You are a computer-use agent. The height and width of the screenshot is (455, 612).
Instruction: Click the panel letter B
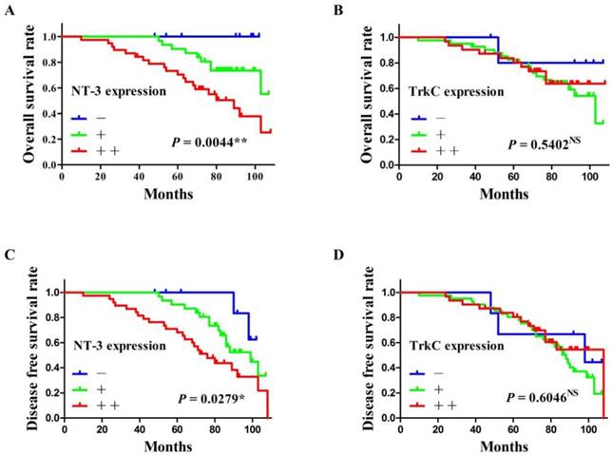coord(336,11)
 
